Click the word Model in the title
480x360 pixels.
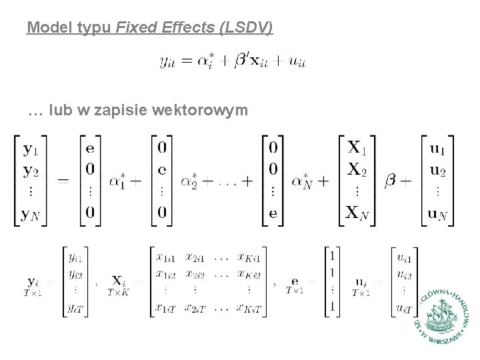pos(45,28)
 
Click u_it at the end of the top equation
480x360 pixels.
pos(295,62)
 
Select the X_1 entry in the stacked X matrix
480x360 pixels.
pos(358,147)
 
